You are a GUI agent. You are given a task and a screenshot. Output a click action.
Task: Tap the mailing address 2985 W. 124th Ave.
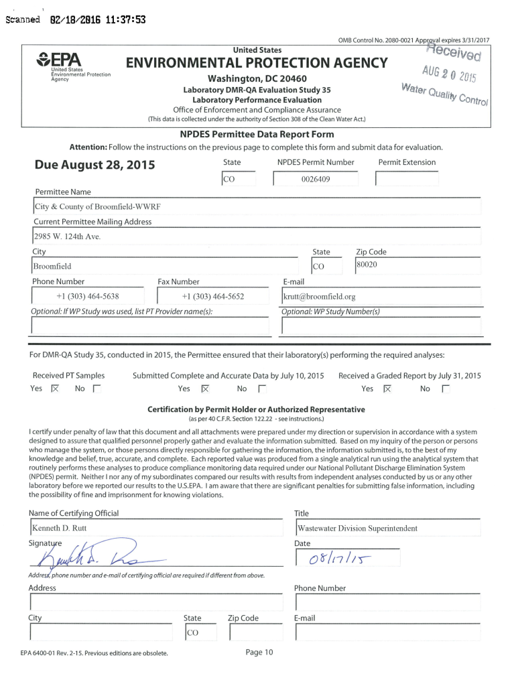click(x=67, y=236)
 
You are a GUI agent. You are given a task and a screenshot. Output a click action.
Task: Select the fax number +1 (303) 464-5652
click(x=212, y=296)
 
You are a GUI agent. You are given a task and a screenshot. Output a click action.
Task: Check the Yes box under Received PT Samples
click(x=56, y=389)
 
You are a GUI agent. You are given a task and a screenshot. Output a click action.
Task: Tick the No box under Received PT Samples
click(x=96, y=389)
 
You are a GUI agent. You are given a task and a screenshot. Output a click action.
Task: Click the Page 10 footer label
click(x=259, y=653)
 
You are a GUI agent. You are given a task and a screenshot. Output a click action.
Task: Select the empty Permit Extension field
click(x=407, y=180)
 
